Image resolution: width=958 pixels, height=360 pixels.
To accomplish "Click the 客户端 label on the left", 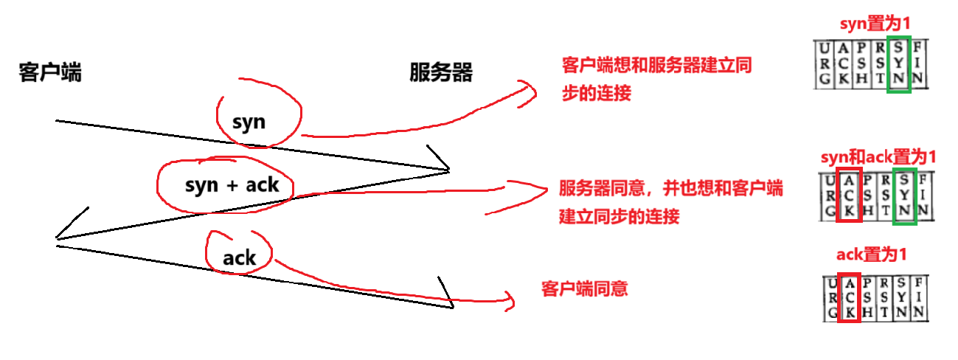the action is [x=50, y=73].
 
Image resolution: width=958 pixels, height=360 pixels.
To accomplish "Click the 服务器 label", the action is [x=441, y=73].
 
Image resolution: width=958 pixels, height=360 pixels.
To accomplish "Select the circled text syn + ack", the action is [x=232, y=184].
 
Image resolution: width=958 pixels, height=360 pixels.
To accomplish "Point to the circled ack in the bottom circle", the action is [x=239, y=257].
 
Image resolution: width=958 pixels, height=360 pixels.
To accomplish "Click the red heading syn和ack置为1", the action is [x=878, y=157].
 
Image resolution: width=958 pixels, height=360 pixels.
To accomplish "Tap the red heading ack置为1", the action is [x=871, y=255].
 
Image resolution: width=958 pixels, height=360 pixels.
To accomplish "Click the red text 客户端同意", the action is [x=584, y=288].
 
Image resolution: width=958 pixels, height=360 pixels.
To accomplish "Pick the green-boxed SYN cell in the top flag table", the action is [x=899, y=65].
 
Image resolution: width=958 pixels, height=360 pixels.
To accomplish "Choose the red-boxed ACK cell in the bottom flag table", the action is [x=850, y=298].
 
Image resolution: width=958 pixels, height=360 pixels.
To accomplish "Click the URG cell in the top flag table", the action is [x=822, y=65].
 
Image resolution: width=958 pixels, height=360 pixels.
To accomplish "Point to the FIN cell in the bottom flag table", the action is [x=917, y=298].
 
